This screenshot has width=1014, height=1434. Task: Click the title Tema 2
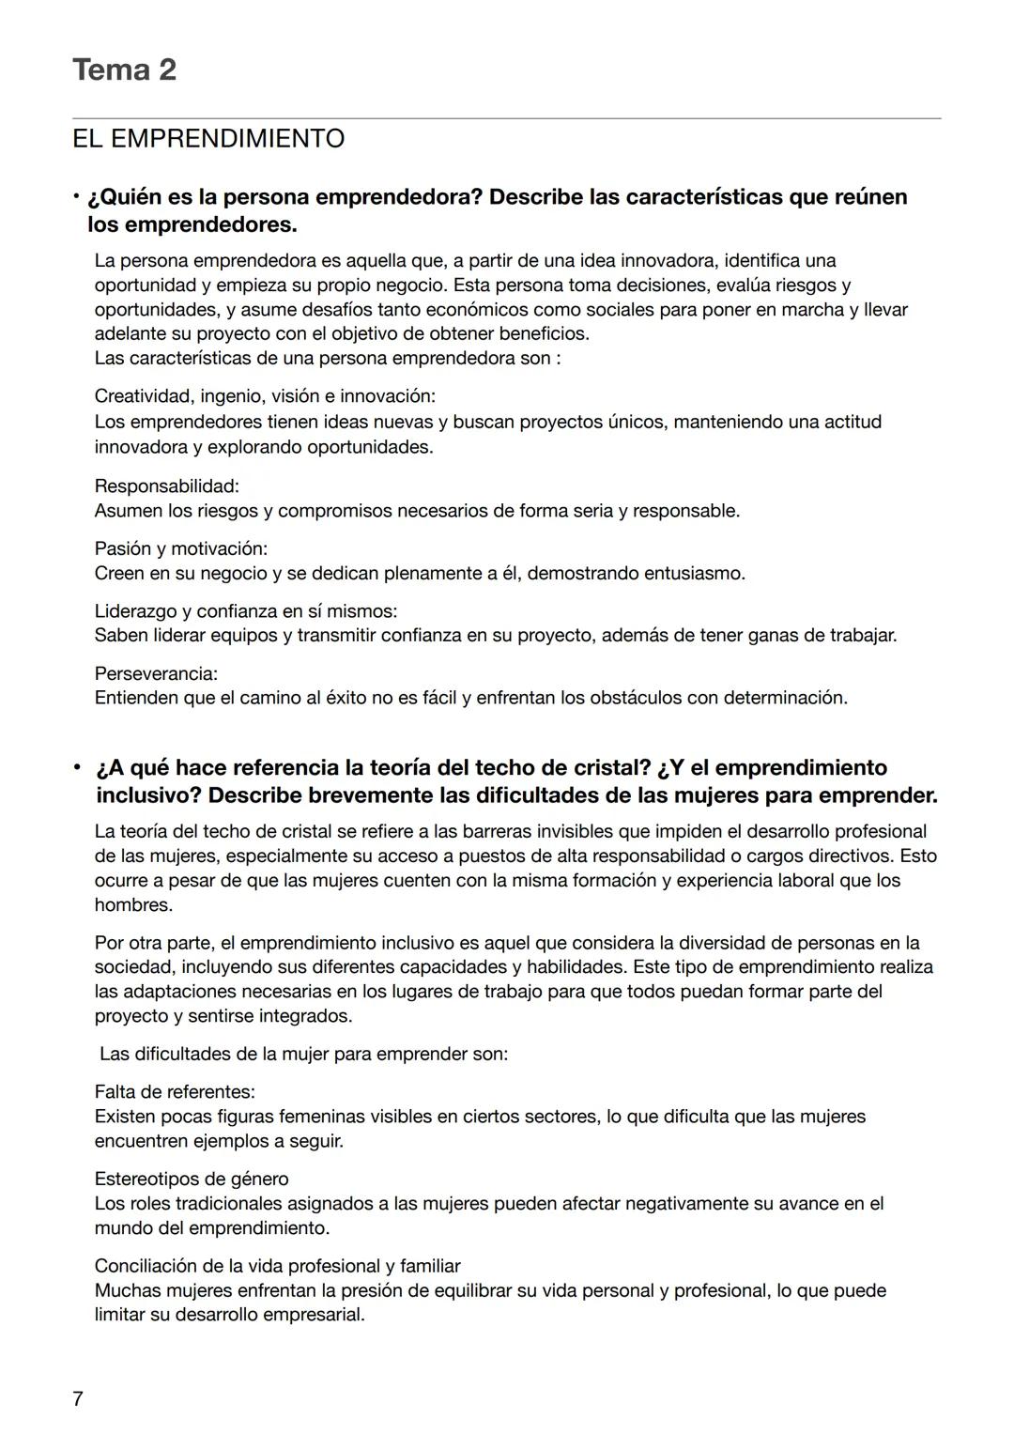[x=124, y=69]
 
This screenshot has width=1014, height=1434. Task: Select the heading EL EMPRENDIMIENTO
[x=208, y=139]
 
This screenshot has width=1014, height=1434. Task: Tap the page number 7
[x=77, y=1399]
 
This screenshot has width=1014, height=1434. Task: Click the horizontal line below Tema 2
[x=507, y=118]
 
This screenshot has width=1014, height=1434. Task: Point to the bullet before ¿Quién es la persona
[x=76, y=197]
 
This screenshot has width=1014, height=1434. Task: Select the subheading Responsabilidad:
[x=166, y=486]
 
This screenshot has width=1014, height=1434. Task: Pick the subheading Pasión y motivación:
[x=180, y=548]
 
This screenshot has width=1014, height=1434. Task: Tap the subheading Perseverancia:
[x=156, y=673]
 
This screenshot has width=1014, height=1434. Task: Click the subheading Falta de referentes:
[x=175, y=1092]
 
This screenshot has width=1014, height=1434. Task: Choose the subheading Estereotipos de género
[x=192, y=1179]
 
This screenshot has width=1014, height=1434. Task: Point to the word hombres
[x=132, y=905]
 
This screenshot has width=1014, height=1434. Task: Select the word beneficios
[x=542, y=333]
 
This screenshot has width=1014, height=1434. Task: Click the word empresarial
[x=314, y=1315]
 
